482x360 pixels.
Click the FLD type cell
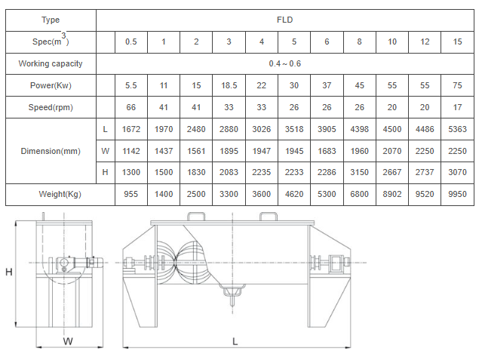point(284,20)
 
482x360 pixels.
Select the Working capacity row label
point(51,63)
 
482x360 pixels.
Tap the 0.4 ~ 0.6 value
point(284,63)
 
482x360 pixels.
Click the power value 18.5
point(229,85)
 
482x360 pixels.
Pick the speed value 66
point(131,107)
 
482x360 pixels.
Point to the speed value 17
point(457,107)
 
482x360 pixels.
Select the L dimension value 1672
point(131,129)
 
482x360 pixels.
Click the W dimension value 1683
point(327,151)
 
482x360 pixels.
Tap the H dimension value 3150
point(359,172)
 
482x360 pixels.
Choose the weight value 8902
point(392,194)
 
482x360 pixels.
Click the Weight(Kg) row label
point(60,194)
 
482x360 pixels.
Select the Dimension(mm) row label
point(51,151)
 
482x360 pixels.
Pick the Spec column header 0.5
point(131,42)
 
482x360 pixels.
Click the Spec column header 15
point(457,42)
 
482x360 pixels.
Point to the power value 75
point(457,85)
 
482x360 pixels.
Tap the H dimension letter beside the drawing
point(9,272)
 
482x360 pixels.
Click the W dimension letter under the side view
point(68,341)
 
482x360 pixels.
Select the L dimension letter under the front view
point(235,342)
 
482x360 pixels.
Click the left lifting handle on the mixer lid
point(196,217)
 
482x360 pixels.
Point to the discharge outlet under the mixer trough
point(232,294)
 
